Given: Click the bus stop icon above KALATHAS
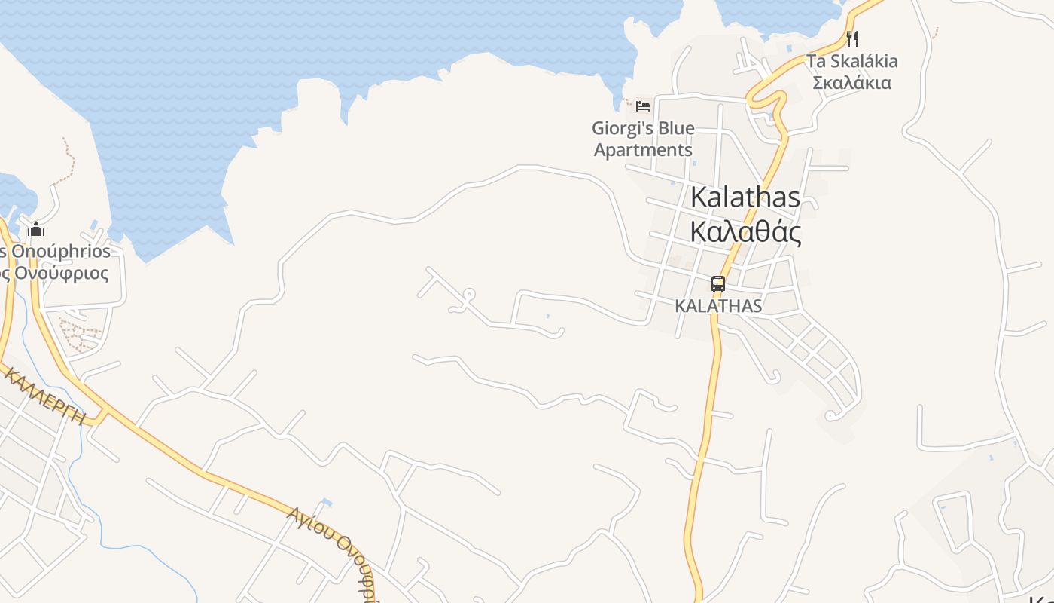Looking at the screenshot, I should tap(718, 284).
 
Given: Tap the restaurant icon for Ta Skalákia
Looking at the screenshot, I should tap(852, 38).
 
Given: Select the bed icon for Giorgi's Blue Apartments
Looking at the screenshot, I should tap(642, 106).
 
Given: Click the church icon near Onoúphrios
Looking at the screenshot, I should tap(36, 230).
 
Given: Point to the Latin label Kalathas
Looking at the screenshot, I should tap(745, 197).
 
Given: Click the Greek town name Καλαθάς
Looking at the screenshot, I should tap(745, 232).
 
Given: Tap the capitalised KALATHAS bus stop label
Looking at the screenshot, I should tap(718, 306).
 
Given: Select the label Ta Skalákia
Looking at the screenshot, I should tap(852, 61).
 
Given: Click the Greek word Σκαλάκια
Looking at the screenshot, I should tap(852, 82).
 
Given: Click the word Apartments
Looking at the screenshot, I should tap(643, 149).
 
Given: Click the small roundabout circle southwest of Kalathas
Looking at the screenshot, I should tap(469, 295).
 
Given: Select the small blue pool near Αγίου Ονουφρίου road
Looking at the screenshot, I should tap(326, 502).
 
